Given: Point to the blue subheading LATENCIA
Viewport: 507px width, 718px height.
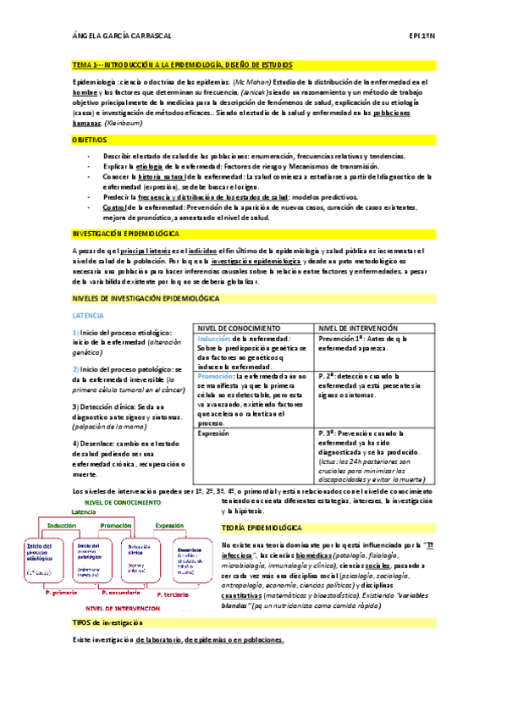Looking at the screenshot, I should coord(88,314).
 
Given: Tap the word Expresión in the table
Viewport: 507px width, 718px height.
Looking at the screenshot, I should coord(213,433).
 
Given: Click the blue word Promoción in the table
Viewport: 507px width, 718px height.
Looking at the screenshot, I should coord(215,375).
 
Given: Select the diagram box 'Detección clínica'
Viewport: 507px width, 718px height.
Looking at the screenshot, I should coord(140,551).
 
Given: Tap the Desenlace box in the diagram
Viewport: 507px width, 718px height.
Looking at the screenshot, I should coord(190,554).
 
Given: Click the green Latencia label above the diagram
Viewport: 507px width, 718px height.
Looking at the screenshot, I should coord(84,512).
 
